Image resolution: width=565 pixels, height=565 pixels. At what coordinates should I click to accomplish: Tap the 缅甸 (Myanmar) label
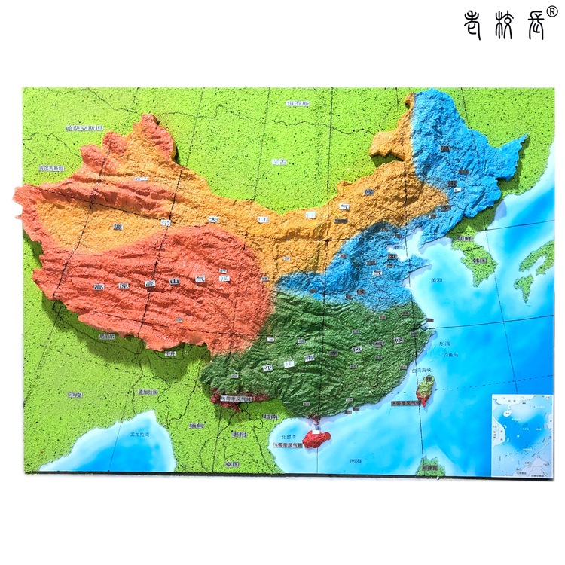(196, 426)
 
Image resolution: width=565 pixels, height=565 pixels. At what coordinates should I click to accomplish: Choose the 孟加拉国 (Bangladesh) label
(148, 392)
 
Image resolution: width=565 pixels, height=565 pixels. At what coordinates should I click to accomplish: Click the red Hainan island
(316, 437)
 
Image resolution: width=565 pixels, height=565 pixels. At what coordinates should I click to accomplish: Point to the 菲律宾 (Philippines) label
(431, 469)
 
